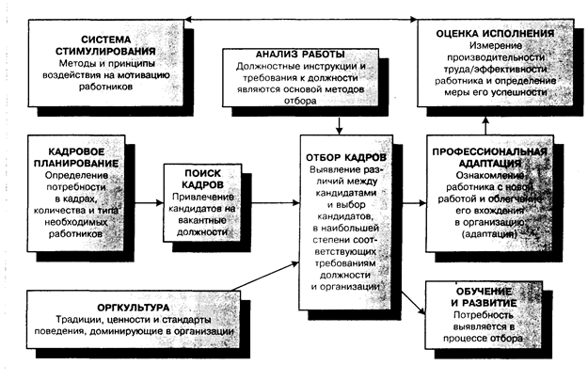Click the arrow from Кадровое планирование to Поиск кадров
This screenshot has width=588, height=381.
pyautogui.click(x=150, y=202)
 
